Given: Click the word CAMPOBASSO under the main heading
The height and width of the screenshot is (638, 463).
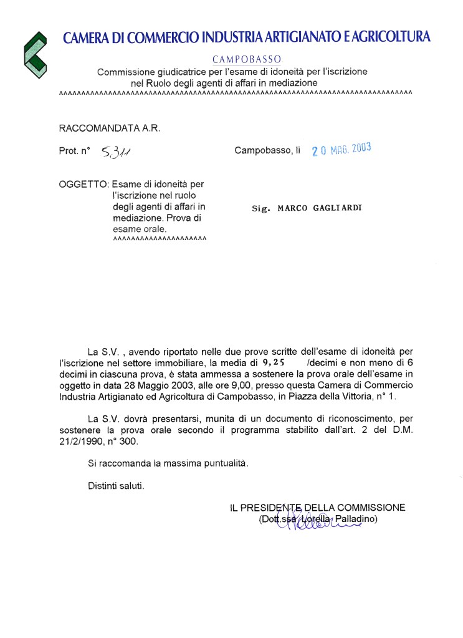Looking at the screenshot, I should tap(246, 59).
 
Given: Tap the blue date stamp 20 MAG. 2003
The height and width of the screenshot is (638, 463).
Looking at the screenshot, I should tap(341, 150).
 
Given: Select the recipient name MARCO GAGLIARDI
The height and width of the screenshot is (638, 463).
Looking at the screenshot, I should tap(320, 208).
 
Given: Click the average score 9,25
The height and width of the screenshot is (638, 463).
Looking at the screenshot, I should tap(274, 362).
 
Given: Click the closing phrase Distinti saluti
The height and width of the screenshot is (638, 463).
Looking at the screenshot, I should tap(116, 485).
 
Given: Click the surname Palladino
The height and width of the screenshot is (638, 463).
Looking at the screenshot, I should tap(357, 519).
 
